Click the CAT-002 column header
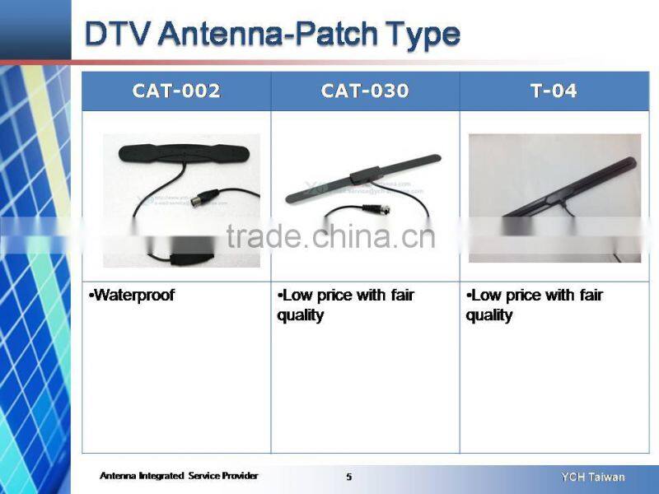coord(176,91)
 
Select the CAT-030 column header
coord(365,91)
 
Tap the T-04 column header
coord(554,91)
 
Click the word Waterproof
coord(133,295)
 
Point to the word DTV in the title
coord(117,34)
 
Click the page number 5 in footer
coord(348,477)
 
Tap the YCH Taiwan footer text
coord(593,477)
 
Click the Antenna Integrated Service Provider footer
coord(179,476)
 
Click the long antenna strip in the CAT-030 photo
coord(362,177)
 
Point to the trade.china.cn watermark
coord(329,237)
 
